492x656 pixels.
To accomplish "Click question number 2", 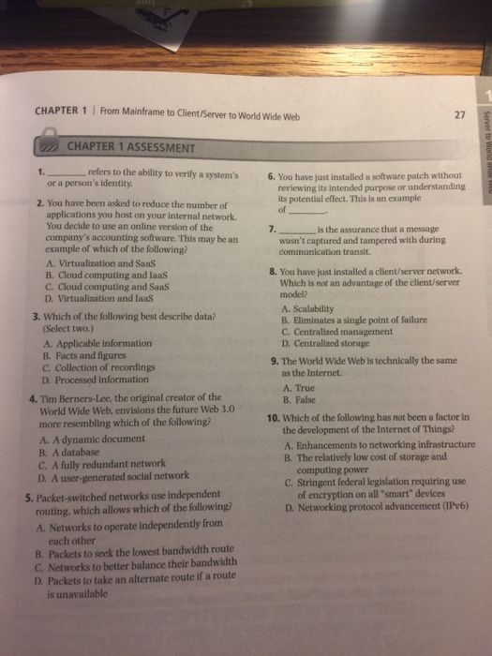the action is pyautogui.click(x=37, y=202).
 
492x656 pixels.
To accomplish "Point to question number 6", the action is pyautogui.click(x=271, y=176).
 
